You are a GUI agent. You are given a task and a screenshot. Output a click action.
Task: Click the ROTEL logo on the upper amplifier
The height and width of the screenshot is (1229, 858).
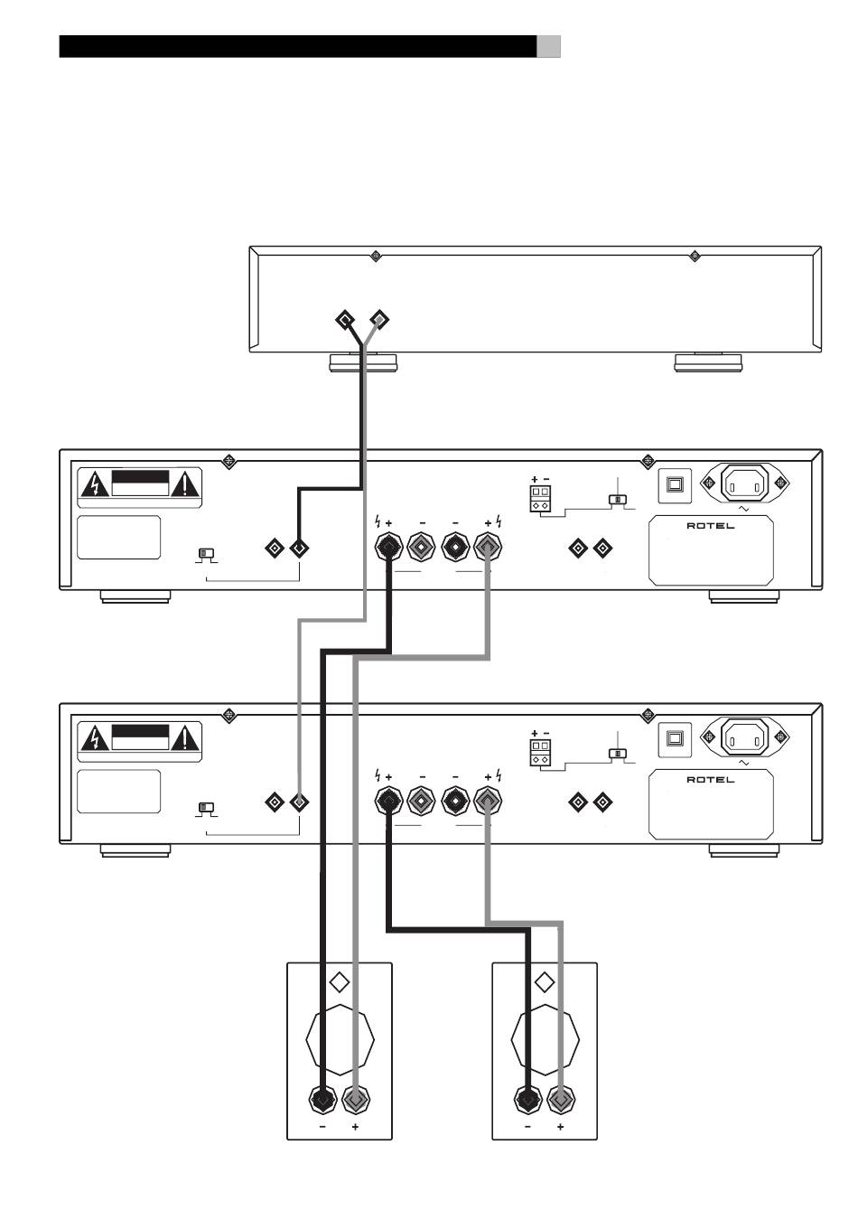pyautogui.click(x=710, y=526)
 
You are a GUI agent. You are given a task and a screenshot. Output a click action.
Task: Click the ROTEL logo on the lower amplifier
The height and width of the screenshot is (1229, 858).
pyautogui.click(x=710, y=780)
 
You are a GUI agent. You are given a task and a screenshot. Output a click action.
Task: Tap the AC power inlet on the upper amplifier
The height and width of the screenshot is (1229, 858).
pyautogui.click(x=744, y=483)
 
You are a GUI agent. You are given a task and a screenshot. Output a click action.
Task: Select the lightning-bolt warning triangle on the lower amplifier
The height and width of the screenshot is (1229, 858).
pyautogui.click(x=95, y=738)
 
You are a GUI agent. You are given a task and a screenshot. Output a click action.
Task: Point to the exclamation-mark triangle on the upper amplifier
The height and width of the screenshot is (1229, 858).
pyautogui.click(x=185, y=484)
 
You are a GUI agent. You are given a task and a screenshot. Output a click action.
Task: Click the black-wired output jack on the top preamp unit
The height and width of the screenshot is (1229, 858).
pyautogui.click(x=345, y=320)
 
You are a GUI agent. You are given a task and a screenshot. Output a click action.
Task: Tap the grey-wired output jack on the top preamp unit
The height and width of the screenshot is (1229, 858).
pyautogui.click(x=379, y=319)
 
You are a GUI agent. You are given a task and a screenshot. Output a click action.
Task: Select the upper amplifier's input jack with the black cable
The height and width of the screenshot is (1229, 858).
pyautogui.click(x=299, y=549)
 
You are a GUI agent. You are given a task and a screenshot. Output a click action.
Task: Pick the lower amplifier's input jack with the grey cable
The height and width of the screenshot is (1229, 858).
pyautogui.click(x=299, y=802)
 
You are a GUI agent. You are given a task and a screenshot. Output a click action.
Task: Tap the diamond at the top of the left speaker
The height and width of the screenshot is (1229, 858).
pyautogui.click(x=340, y=982)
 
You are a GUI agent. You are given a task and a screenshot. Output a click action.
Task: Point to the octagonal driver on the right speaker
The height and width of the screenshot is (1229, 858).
pyautogui.click(x=545, y=1040)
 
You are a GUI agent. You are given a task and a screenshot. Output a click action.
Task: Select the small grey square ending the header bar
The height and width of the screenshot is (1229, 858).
pyautogui.click(x=548, y=47)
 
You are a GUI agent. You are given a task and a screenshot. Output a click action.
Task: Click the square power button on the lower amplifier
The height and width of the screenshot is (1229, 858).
pyautogui.click(x=675, y=739)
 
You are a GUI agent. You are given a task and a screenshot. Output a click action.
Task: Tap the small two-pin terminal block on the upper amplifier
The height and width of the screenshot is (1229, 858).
pyautogui.click(x=540, y=498)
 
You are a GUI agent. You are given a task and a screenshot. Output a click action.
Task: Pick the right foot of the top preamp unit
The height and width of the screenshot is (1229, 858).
pyautogui.click(x=708, y=362)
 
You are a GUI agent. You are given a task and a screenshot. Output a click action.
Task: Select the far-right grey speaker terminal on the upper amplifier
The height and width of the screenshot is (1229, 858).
pyautogui.click(x=488, y=547)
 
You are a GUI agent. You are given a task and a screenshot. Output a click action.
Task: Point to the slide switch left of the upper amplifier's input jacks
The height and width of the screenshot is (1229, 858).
pyautogui.click(x=206, y=554)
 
